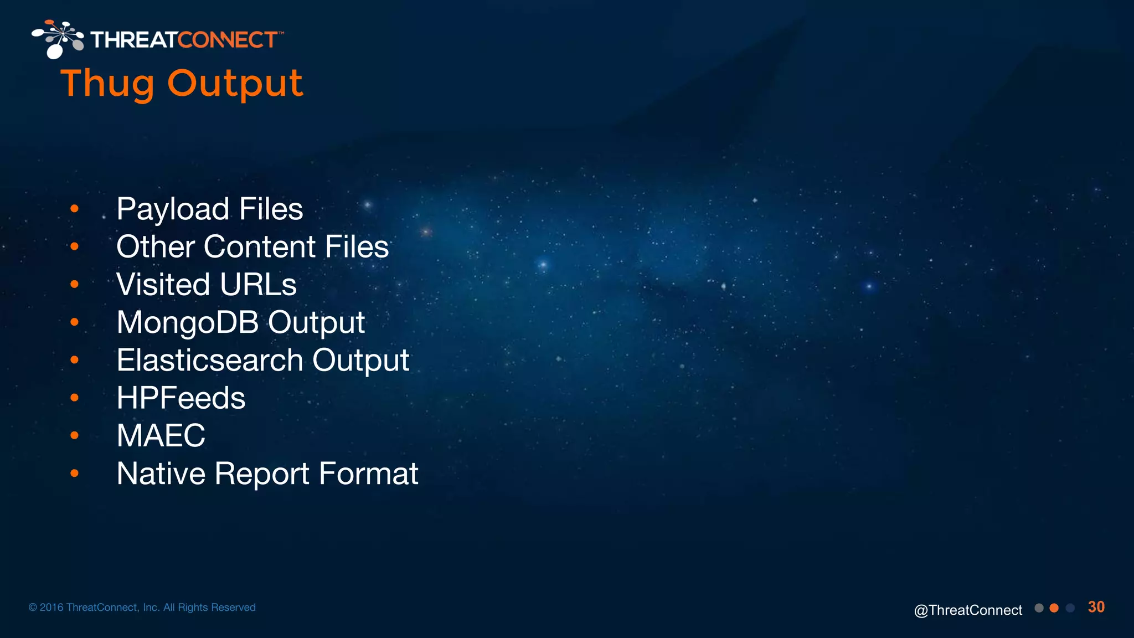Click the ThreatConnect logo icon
(58, 39)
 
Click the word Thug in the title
(107, 84)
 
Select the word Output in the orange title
(235, 84)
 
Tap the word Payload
(173, 209)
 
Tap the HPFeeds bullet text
(181, 398)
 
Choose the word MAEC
(161, 435)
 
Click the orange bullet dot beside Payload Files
(75, 209)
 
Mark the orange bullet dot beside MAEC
(75, 435)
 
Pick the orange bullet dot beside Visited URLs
(75, 285)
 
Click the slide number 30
(1096, 607)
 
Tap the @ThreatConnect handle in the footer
(968, 610)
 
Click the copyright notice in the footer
(142, 608)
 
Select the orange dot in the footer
(1054, 608)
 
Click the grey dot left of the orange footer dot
(1039, 608)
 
